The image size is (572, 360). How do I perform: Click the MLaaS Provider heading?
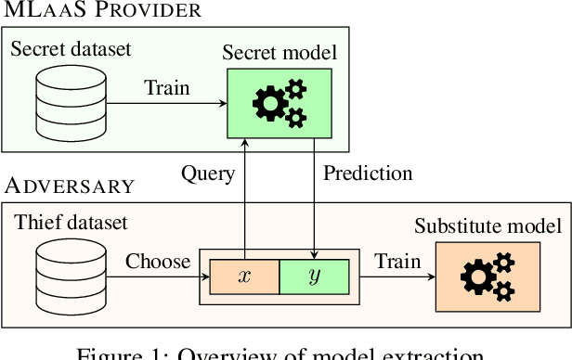[x=101, y=11]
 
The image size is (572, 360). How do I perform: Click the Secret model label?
[x=279, y=52]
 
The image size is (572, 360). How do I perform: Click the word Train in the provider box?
[x=167, y=89]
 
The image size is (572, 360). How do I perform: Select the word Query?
[x=207, y=174]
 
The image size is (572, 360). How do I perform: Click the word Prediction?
[x=368, y=174]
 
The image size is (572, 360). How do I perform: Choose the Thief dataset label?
[x=71, y=223]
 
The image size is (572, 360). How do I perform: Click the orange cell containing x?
[x=244, y=277]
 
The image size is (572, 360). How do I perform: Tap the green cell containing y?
[x=314, y=277]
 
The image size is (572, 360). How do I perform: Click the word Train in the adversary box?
[x=397, y=262]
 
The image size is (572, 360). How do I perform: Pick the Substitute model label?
[x=488, y=226]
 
